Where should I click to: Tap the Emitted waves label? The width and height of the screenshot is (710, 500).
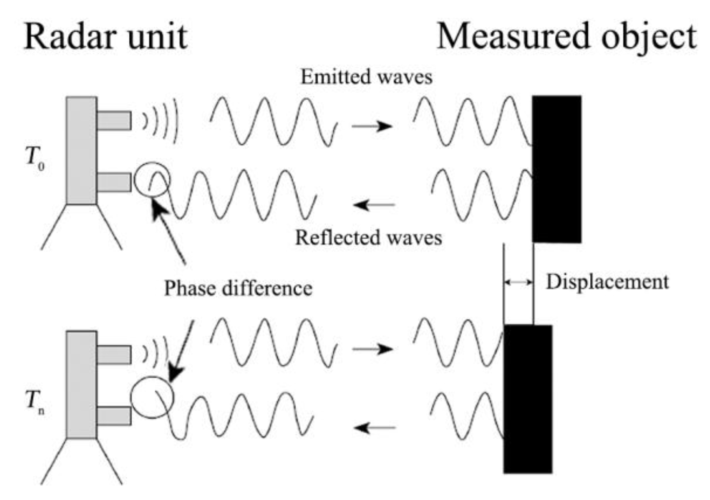click(x=366, y=77)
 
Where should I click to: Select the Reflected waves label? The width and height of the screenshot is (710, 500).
click(x=368, y=238)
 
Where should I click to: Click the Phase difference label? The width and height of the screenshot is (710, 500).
click(x=238, y=289)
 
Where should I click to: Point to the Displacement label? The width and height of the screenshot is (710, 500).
click(x=607, y=282)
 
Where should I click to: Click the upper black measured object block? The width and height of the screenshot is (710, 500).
click(x=557, y=169)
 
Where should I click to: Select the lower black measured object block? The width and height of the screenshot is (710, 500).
click(x=527, y=399)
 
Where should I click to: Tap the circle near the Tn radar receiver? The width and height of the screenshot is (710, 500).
click(x=152, y=397)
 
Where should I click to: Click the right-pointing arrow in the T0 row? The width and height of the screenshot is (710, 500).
click(x=372, y=126)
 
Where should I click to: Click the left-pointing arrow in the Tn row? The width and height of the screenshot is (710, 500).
click(x=374, y=428)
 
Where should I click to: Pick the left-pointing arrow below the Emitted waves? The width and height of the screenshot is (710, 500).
click(x=374, y=204)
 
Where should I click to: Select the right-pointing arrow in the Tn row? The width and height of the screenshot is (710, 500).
click(x=372, y=349)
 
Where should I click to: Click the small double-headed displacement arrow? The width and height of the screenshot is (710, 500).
click(x=518, y=282)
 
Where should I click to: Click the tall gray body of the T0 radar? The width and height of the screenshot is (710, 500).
click(x=81, y=150)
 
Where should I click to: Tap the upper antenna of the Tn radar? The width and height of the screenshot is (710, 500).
click(x=114, y=354)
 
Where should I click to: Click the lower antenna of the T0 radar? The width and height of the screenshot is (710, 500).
click(x=114, y=182)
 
